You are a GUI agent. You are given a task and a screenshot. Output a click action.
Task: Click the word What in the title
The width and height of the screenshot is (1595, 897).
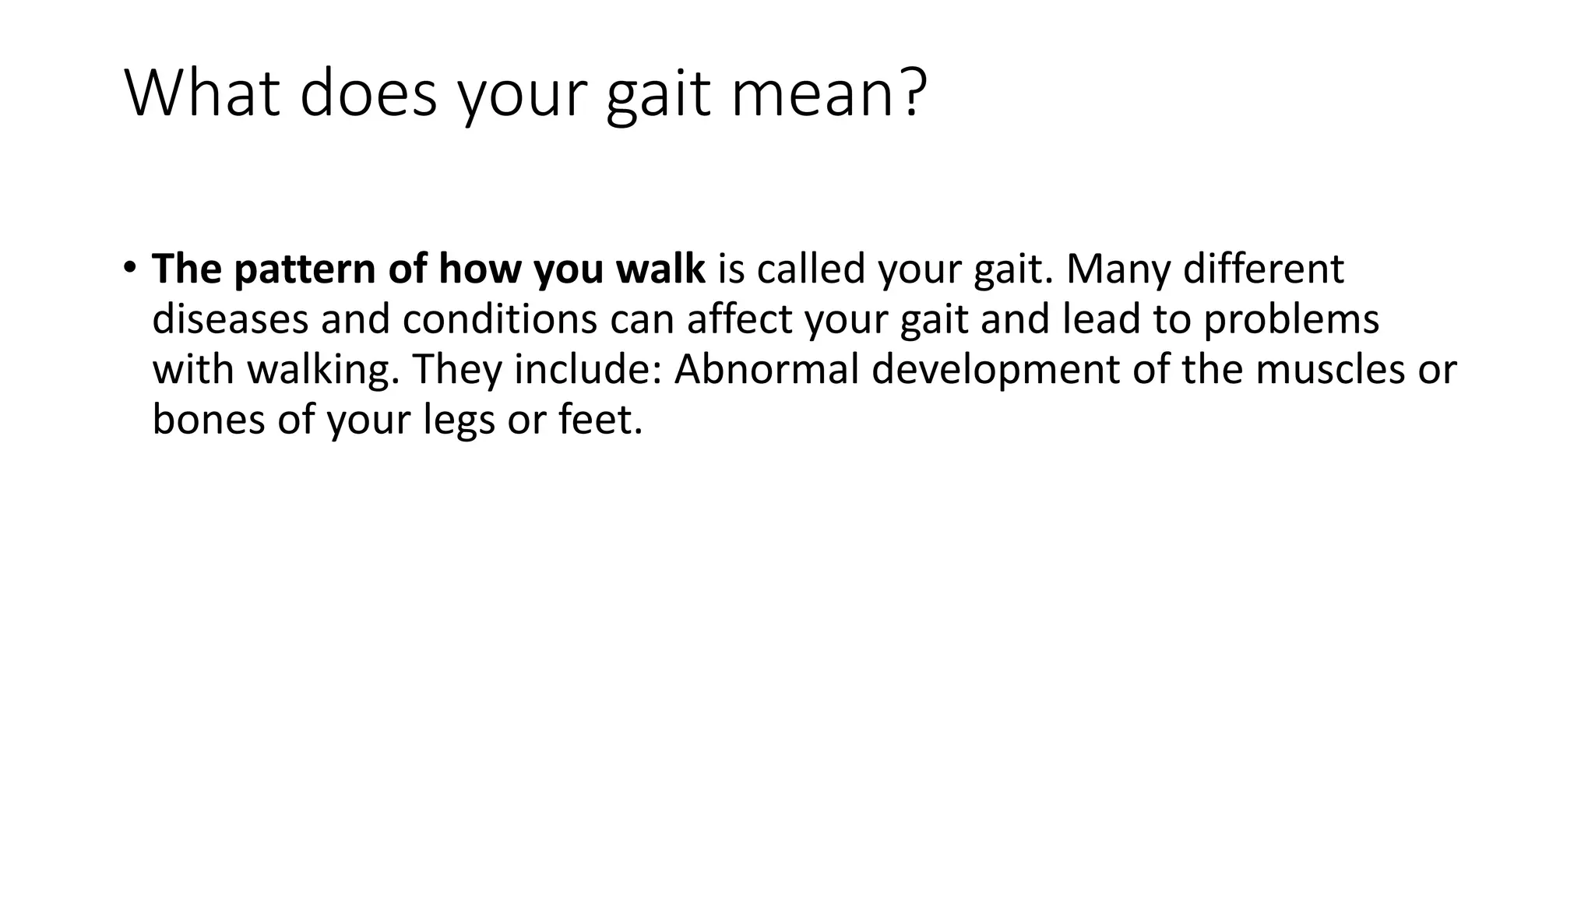(x=202, y=93)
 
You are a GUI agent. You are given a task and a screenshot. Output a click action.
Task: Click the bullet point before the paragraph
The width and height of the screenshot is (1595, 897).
(x=129, y=267)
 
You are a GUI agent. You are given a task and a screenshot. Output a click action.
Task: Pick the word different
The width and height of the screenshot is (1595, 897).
(x=1263, y=269)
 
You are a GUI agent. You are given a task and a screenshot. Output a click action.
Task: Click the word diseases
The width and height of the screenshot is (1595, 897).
(x=231, y=319)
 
